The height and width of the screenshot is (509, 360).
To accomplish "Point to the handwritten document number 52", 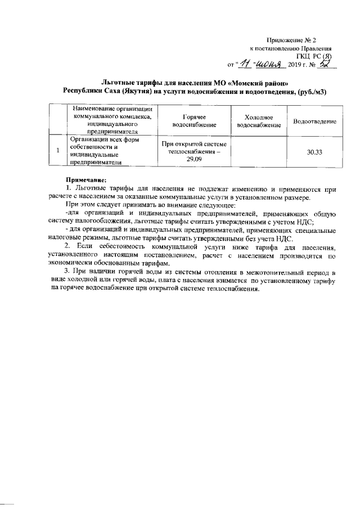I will point(326,65).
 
